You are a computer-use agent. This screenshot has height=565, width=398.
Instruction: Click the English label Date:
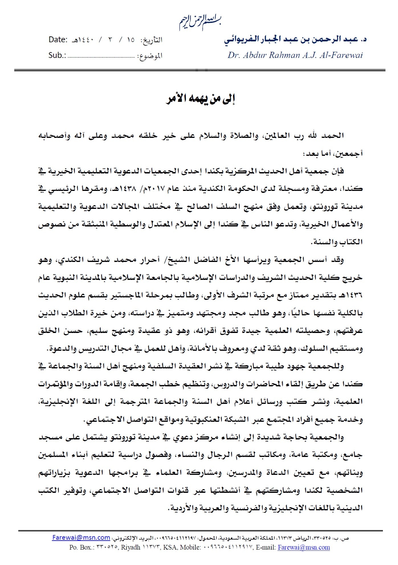click(58, 40)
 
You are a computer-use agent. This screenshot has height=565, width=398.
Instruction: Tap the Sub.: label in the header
click(57, 55)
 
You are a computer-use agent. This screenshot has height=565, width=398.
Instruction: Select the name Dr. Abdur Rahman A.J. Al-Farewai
click(295, 55)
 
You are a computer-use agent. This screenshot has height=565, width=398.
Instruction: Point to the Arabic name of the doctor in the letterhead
click(295, 39)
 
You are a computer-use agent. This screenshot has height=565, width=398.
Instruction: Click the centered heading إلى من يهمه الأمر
click(200, 99)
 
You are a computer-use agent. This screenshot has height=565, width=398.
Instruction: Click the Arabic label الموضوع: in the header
click(150, 56)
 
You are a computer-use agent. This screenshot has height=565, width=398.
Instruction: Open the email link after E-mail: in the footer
click(304, 547)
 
